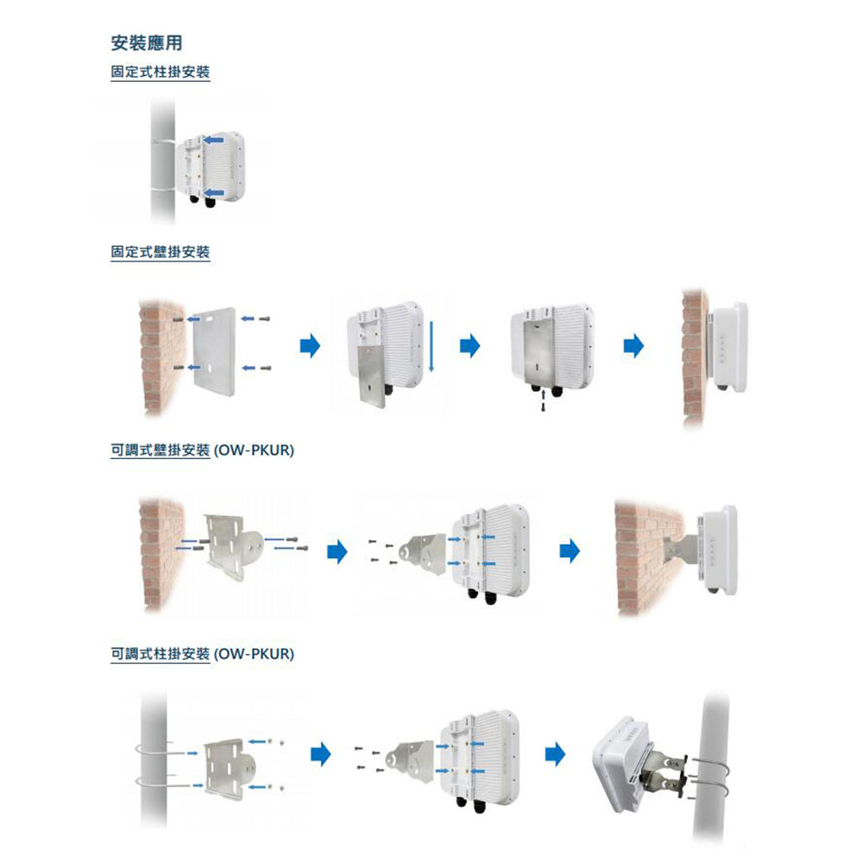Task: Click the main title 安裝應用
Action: click(x=147, y=42)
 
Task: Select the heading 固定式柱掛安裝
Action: click(x=161, y=72)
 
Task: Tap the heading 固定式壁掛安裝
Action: click(x=161, y=253)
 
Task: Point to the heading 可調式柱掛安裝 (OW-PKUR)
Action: click(x=203, y=654)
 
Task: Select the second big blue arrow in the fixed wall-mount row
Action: click(x=469, y=347)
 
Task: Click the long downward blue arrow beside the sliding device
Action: click(x=429, y=346)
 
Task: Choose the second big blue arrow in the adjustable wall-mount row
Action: click(x=568, y=550)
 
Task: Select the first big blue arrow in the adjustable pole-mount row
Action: click(x=321, y=756)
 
